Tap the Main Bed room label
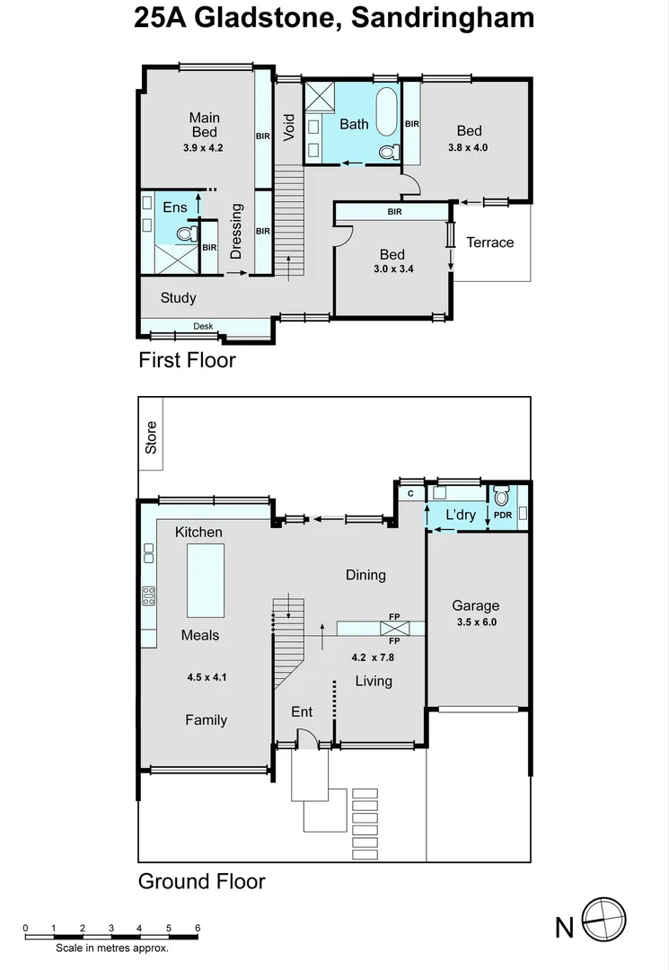(204, 125)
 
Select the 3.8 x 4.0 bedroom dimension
(468, 148)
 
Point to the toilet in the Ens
(186, 234)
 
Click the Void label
(288, 127)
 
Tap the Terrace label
(489, 242)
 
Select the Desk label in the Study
(203, 326)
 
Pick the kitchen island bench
(205, 581)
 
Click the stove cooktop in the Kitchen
(148, 595)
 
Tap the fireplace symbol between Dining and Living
(393, 629)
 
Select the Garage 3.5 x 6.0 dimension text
(476, 622)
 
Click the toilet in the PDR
(501, 496)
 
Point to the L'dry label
(461, 515)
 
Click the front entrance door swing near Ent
(305, 738)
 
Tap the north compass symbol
(603, 921)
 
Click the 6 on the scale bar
(197, 928)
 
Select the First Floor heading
(187, 360)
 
